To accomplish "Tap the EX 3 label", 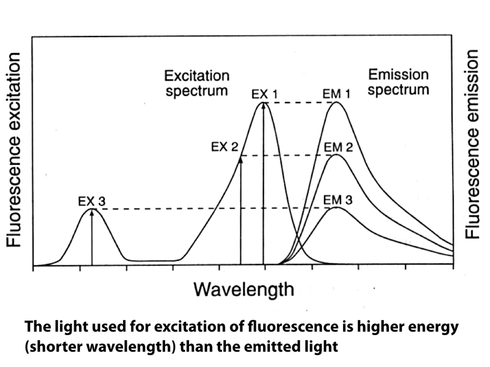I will click(x=92, y=201).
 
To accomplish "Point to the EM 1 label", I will click(x=336, y=93).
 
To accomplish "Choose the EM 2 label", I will click(x=338, y=147).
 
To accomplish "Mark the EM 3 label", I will click(x=338, y=200).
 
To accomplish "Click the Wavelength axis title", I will click(x=244, y=290).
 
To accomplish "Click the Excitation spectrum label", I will click(x=197, y=83).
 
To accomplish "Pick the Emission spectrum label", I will click(x=398, y=82).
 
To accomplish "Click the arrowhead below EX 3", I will click(x=92, y=212).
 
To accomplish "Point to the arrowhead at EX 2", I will click(x=241, y=159).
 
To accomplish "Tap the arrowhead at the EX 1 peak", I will click(x=264, y=105).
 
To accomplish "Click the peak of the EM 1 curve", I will click(x=336, y=102).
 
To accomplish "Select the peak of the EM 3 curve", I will click(x=336, y=207).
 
